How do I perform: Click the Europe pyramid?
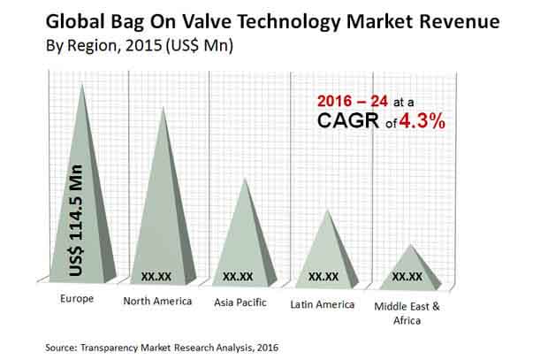[x=82, y=210]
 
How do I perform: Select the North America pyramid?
[x=163, y=224]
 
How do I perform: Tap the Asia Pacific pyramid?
[x=245, y=245]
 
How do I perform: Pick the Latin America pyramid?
[x=327, y=259]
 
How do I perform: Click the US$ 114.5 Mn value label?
[x=76, y=220]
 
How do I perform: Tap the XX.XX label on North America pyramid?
[x=156, y=277]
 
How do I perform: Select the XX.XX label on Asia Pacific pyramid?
[x=238, y=277]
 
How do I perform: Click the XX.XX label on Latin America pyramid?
[x=323, y=277]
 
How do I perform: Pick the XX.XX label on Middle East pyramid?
[x=407, y=277]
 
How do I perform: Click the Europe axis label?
[x=77, y=298]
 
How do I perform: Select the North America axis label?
[x=157, y=301]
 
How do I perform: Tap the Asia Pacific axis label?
[x=240, y=303]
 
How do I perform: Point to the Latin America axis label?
[x=323, y=304]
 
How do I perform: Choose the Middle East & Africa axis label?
[x=407, y=313]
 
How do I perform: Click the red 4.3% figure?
[x=422, y=122]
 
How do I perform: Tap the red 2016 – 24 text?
[x=353, y=102]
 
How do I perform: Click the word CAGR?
[x=348, y=120]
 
